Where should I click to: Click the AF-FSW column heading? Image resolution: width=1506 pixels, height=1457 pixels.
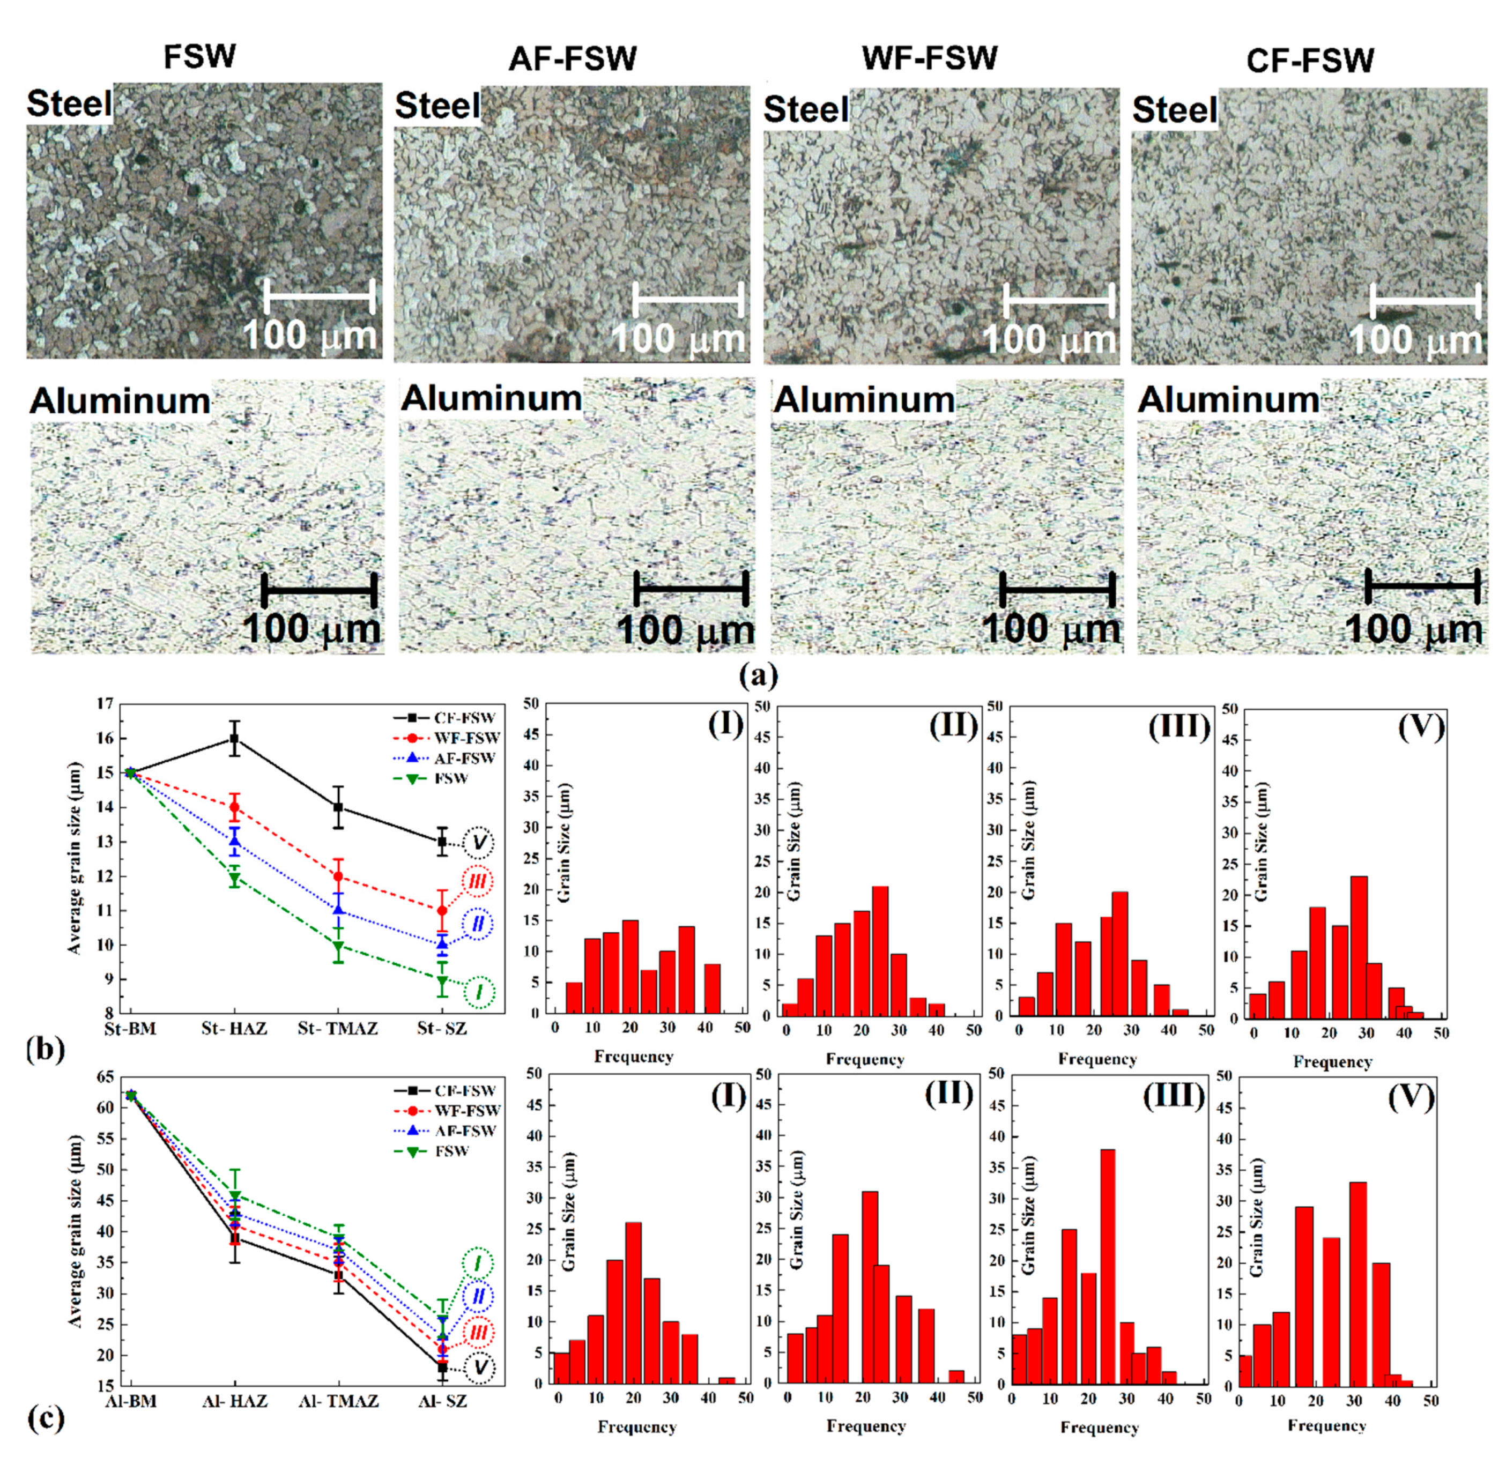pyautogui.click(x=573, y=59)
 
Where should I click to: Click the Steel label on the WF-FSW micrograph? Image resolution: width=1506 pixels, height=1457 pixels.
pyautogui.click(x=806, y=110)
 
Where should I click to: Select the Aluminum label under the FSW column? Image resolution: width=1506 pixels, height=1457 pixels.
pyautogui.click(x=120, y=402)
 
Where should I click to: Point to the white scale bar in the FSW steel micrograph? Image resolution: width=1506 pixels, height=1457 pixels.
pyautogui.click(x=319, y=296)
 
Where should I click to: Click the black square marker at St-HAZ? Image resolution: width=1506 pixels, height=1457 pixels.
pyautogui.click(x=234, y=739)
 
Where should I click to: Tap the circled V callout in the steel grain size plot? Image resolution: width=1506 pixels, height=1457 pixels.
pyautogui.click(x=479, y=843)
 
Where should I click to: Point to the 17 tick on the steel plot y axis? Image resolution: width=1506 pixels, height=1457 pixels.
pyautogui.click(x=105, y=703)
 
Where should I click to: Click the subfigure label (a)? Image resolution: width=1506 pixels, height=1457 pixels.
pyautogui.click(x=759, y=675)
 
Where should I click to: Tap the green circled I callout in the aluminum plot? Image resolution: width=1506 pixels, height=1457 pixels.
pyautogui.click(x=478, y=1263)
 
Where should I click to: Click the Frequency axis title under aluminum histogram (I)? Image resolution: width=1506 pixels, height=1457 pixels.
pyautogui.click(x=636, y=1427)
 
